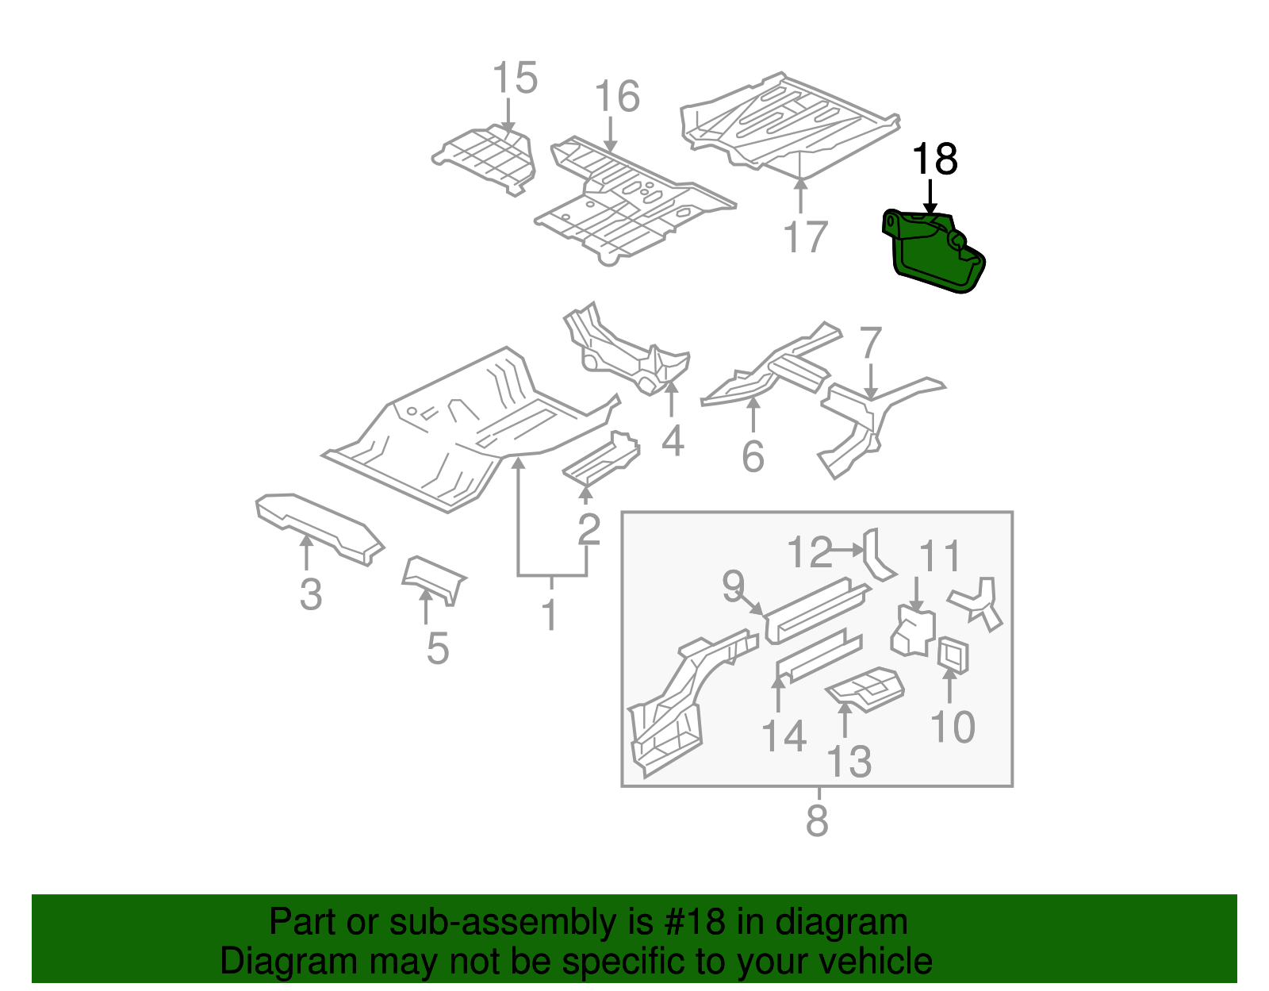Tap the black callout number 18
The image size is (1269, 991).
tap(934, 159)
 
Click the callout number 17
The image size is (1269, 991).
tap(805, 237)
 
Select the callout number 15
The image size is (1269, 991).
tap(515, 79)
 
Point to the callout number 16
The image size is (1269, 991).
tap(616, 97)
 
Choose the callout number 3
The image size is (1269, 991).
tap(311, 594)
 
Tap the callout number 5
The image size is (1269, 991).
tap(437, 649)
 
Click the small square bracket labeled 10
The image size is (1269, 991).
tap(953, 655)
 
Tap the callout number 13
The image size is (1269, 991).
tap(849, 762)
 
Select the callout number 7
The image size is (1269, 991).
tap(870, 343)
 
